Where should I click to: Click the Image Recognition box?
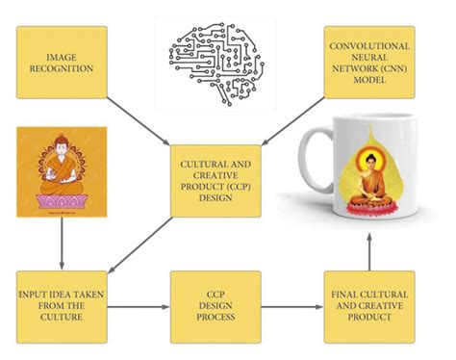[62, 63]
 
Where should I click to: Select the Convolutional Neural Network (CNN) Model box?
[369, 63]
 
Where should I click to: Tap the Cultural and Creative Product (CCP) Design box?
[215, 181]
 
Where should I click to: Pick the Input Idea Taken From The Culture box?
[62, 307]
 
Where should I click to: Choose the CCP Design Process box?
[215, 307]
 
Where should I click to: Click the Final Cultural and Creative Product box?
[369, 307]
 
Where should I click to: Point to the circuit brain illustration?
[216, 64]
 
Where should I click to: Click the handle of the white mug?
[316, 164]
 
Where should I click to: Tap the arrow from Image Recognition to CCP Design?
[139, 121]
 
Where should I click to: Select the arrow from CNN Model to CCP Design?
[294, 121]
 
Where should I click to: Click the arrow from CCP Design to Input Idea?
[140, 245]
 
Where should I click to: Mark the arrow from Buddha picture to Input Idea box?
[62, 244]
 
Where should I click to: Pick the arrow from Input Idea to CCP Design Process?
[139, 307]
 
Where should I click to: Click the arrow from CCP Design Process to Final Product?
[292, 307]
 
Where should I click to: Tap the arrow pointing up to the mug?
[369, 252]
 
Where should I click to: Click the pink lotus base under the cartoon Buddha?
[62, 201]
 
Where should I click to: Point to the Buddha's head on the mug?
[370, 161]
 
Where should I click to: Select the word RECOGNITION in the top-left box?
[62, 68]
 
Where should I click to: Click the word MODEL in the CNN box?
[369, 79]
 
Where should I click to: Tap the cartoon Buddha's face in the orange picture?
[62, 148]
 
